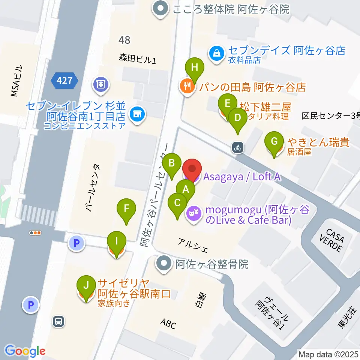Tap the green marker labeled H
[194, 68]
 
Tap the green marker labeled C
[178, 204]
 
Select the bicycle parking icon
[237, 147]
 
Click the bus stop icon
[59, 321]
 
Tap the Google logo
[25, 351]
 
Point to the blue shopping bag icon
[217, 52]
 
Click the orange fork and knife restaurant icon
[187, 87]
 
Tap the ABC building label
[168, 324]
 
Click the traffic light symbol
[35, 233]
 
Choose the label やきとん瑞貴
[319, 142]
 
